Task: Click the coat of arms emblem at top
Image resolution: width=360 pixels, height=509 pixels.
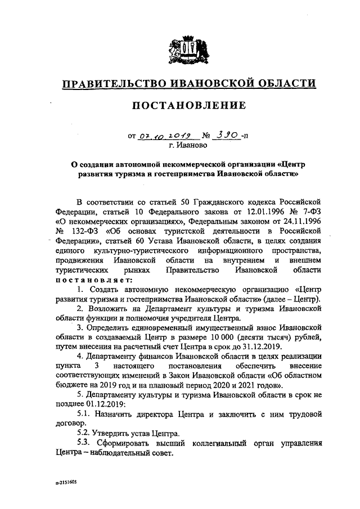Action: click(x=189, y=49)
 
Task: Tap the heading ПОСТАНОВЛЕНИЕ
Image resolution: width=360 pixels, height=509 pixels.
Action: click(x=189, y=106)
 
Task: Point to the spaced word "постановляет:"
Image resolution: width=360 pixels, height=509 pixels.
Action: click(x=93, y=280)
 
